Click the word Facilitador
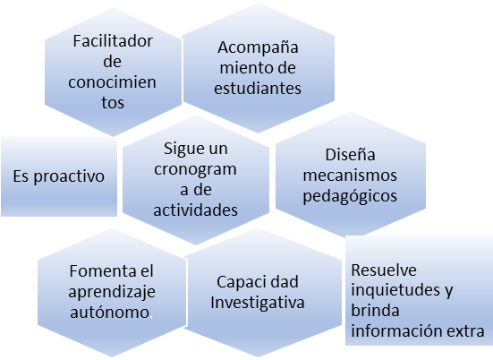coord(113,41)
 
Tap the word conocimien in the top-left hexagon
coord(112,82)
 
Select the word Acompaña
coord(258,47)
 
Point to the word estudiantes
coord(258,88)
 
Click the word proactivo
coord(69,176)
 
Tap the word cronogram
coord(195,169)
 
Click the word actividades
coord(195,210)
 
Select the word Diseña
coord(350,155)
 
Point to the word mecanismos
coord(350,176)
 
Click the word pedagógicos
coord(350,196)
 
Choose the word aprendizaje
coord(112,292)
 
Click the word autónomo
coord(110,313)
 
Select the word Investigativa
coord(258,303)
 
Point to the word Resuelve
coord(384,270)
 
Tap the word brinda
coord(375,311)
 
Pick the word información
coord(393,331)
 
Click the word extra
coord(461,331)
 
